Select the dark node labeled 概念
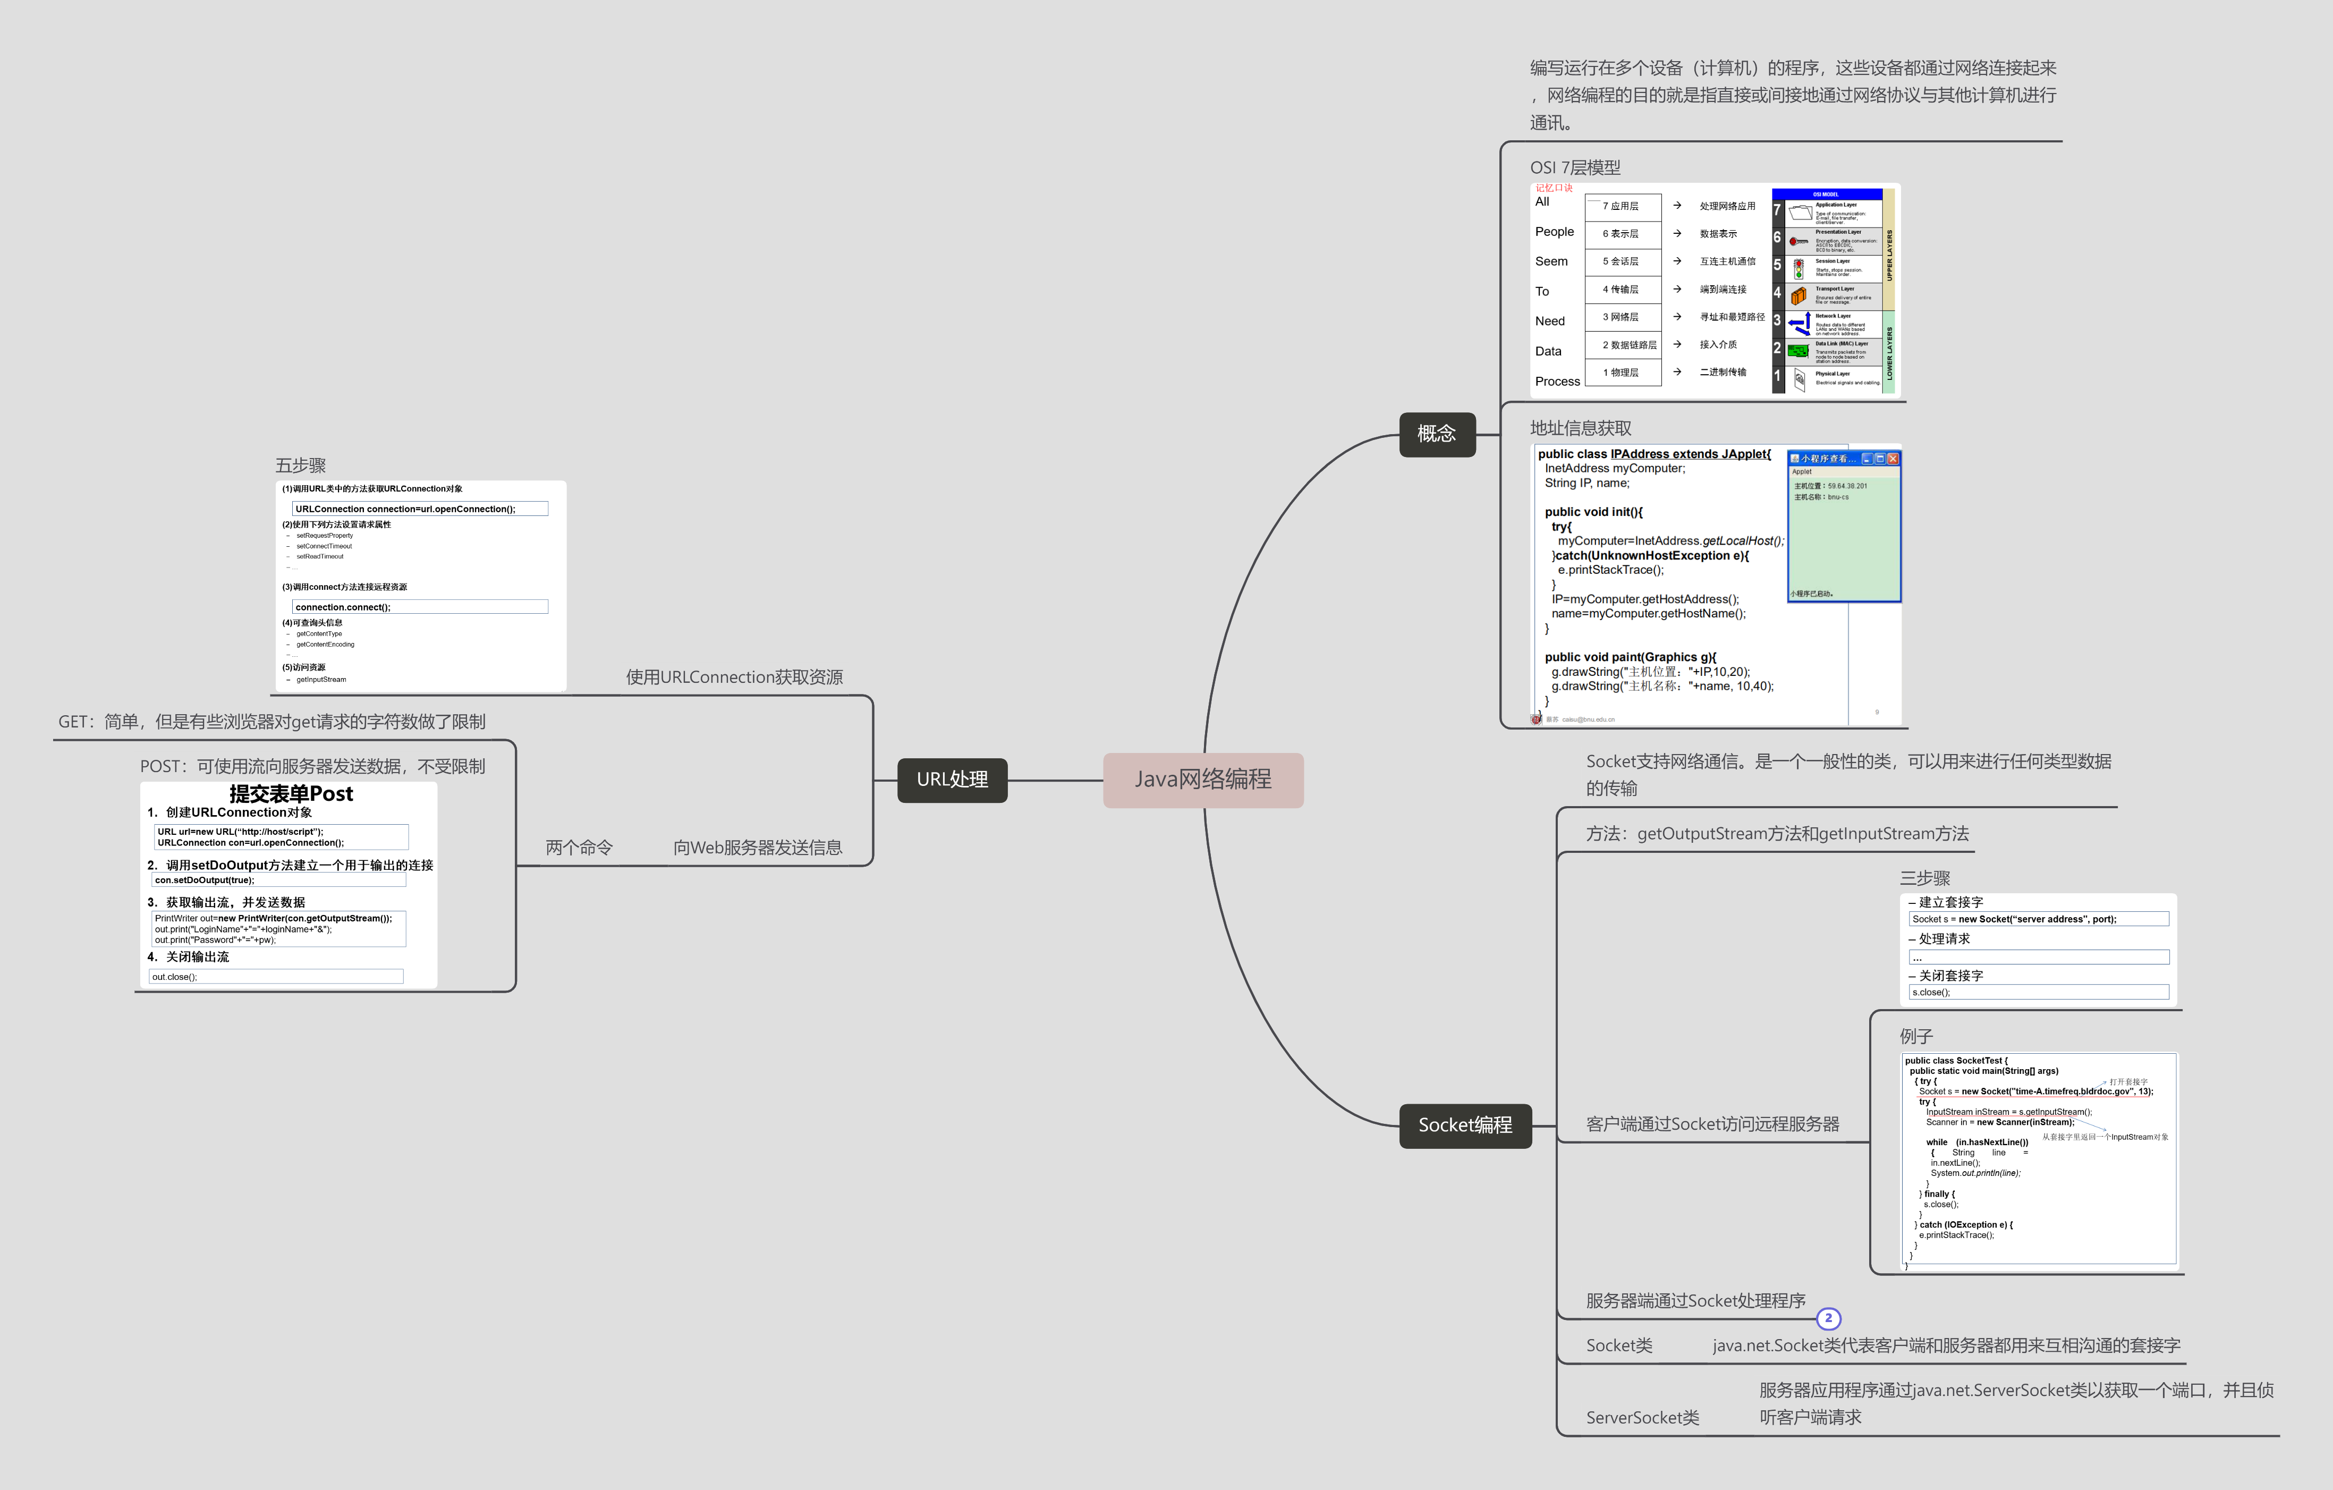pos(1437,434)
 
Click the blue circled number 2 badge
pos(1828,1318)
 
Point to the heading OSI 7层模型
pos(1574,167)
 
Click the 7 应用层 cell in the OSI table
pos(1622,206)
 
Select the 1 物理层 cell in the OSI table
pos(1622,373)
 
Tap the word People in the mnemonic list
pos(1554,232)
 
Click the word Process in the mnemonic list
pos(1557,382)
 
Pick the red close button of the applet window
pos(1893,458)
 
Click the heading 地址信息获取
pos(1580,428)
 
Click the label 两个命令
pos(579,848)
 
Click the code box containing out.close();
pos(276,977)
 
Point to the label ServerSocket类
pos(1642,1417)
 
